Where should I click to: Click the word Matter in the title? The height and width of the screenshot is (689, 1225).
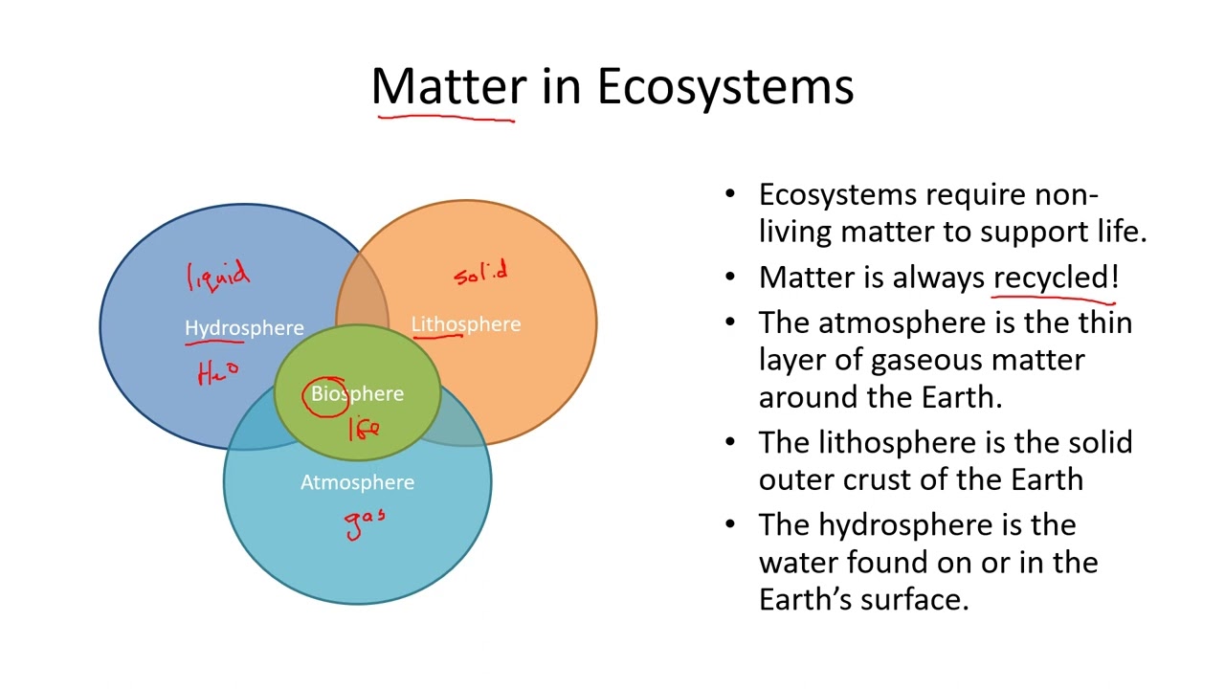tap(448, 86)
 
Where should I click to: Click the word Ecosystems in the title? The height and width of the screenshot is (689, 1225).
tap(724, 86)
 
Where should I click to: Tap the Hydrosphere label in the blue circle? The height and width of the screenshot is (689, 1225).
tap(244, 328)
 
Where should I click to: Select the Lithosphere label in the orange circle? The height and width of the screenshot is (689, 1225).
tap(466, 324)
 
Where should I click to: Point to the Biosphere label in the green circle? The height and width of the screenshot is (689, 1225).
tap(357, 394)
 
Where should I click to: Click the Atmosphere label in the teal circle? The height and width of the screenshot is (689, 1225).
tap(357, 482)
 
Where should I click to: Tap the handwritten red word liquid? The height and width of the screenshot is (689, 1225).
tap(218, 276)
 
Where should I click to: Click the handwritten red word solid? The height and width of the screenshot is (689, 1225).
tap(480, 275)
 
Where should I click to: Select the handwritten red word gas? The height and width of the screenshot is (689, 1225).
tap(366, 523)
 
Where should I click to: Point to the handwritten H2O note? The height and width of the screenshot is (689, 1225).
tap(218, 372)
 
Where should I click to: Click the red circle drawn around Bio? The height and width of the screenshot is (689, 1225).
tap(326, 396)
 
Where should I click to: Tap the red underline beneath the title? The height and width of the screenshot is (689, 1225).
tap(445, 119)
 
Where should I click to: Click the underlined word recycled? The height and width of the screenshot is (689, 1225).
tap(1050, 278)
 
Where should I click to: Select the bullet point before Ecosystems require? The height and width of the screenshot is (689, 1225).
tap(731, 195)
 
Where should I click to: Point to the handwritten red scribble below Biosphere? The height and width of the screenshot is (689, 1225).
tap(364, 430)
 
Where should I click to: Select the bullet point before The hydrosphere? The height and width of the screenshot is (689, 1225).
tap(731, 525)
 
